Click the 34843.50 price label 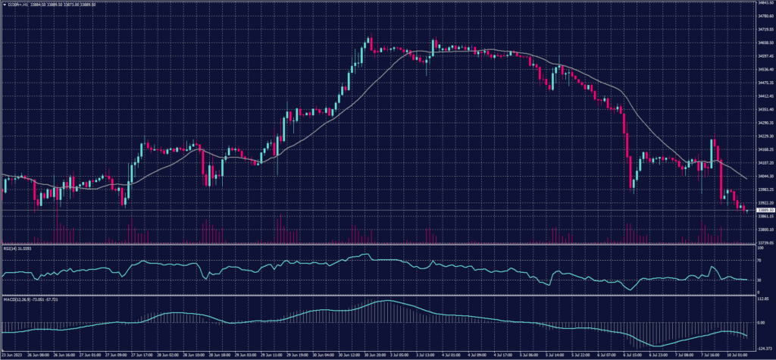pos(765,2)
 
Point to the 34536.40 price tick pos(765,69)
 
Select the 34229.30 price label pos(765,136)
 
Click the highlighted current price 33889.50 pos(765,209)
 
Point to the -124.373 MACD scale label pos(763,348)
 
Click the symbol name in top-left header pos(17,4)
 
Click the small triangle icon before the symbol pos(5,4)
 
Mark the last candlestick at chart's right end pos(746,210)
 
